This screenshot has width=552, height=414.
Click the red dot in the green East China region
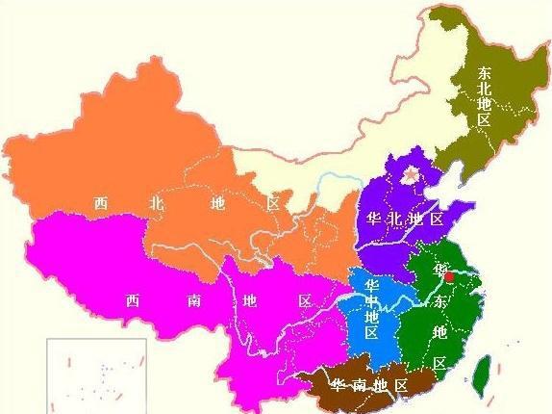tap(449, 276)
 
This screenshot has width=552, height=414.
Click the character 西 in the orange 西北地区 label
tap(100, 204)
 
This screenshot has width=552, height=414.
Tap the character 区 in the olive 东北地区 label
tap(485, 120)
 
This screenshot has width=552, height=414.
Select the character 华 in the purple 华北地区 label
tap(373, 219)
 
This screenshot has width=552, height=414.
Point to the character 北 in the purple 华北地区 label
tap(394, 219)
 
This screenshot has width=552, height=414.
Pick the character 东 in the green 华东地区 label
tap(440, 301)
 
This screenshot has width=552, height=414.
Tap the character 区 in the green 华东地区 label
tap(440, 363)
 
